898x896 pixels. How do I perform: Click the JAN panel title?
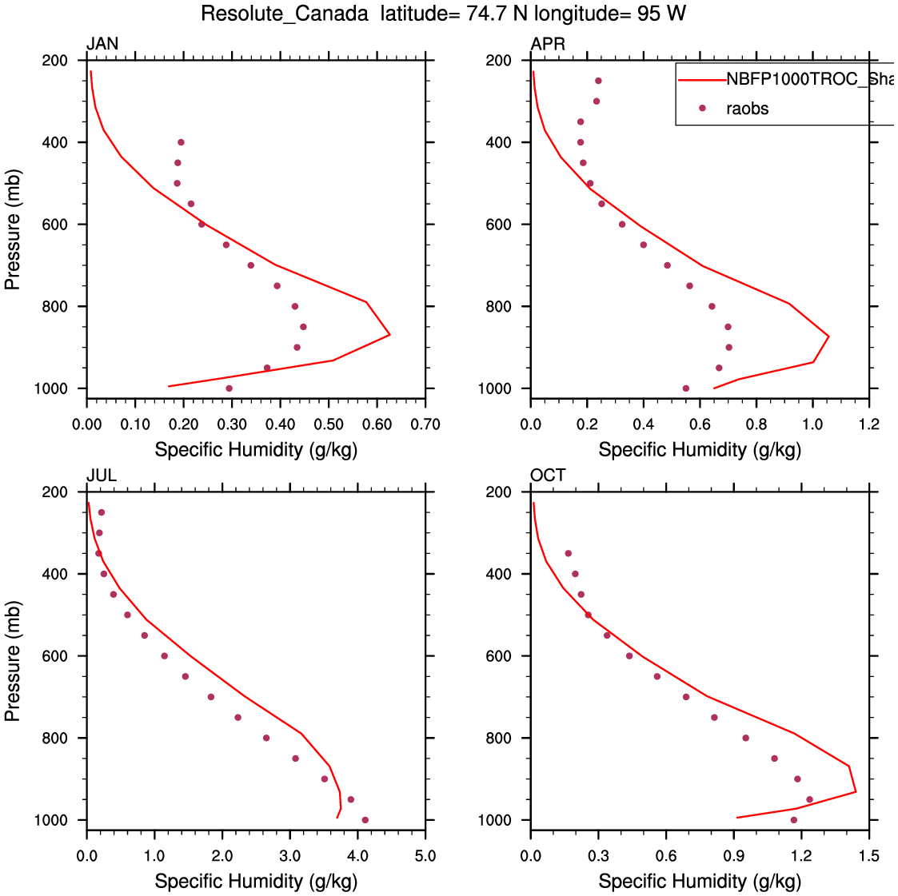pyautogui.click(x=102, y=44)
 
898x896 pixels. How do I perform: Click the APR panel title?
pyautogui.click(x=548, y=44)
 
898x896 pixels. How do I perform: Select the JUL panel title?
pyautogui.click(x=102, y=476)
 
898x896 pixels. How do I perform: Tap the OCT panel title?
pyautogui.click(x=548, y=476)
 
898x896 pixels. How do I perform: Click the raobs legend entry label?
pyautogui.click(x=747, y=109)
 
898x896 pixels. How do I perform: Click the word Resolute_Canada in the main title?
pyautogui.click(x=285, y=14)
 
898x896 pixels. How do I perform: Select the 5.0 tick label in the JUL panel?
pyautogui.click(x=425, y=856)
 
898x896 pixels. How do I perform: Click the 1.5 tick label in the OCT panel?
pyautogui.click(x=869, y=856)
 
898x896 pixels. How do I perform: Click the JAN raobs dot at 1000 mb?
pyautogui.click(x=229, y=388)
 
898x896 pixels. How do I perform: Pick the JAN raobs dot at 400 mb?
pyautogui.click(x=181, y=142)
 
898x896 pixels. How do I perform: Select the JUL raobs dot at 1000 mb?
pyautogui.click(x=365, y=820)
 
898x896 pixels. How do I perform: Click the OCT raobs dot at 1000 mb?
pyautogui.click(x=793, y=820)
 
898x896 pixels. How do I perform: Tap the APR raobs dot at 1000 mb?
pyautogui.click(x=686, y=388)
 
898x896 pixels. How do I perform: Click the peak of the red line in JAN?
pyautogui.click(x=389, y=334)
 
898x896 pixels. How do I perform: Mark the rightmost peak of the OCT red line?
pyautogui.click(x=856, y=791)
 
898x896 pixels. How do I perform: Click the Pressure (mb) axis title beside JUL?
pyautogui.click(x=13, y=660)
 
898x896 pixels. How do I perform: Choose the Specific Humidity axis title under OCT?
pyautogui.click(x=700, y=881)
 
